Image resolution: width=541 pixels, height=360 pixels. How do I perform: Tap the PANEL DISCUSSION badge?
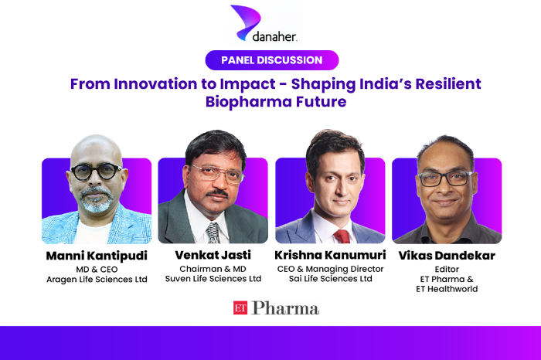point(270,60)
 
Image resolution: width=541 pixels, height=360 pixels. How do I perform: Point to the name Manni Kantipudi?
point(96,254)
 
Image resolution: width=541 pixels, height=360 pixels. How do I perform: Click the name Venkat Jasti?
point(213,254)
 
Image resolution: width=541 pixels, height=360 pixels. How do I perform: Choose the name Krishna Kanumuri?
point(330,254)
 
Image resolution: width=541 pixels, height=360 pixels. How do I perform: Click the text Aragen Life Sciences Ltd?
point(96,279)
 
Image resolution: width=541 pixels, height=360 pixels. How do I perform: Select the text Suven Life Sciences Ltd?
point(213,279)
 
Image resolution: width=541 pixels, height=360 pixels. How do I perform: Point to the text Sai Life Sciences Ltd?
point(330,279)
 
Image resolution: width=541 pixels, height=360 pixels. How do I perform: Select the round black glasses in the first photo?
point(97,172)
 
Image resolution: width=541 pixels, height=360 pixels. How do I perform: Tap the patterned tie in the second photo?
point(213,233)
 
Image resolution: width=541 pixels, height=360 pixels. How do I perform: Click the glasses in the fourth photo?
point(447,178)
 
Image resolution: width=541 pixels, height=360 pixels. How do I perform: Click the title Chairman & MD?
point(213,268)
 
